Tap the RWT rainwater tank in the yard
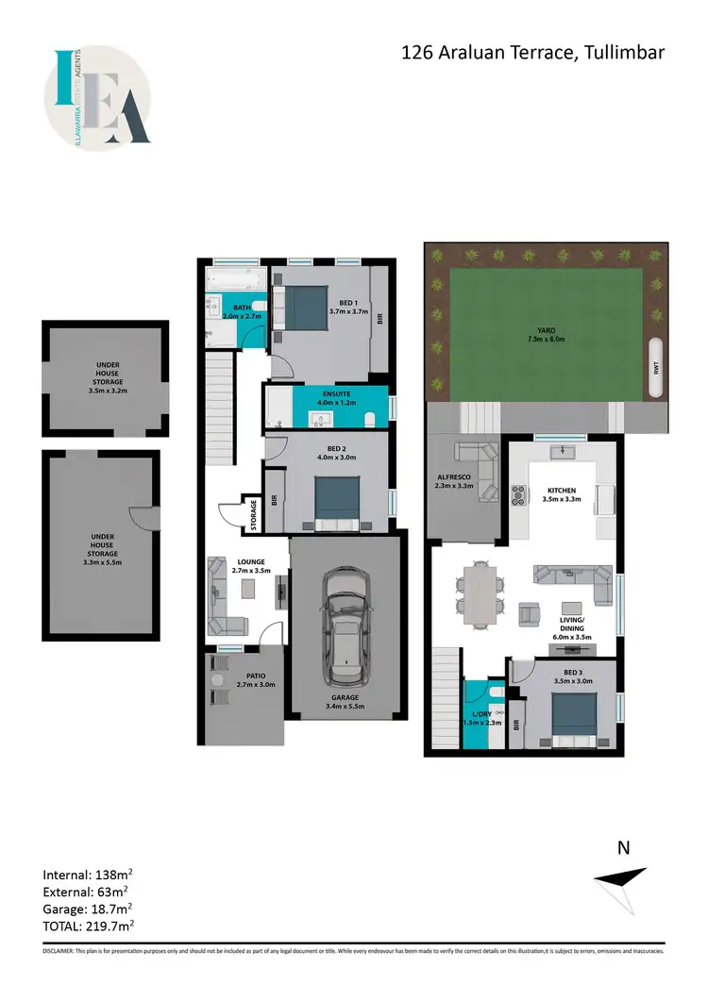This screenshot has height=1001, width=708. point(654,368)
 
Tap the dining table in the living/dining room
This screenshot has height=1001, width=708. point(482,595)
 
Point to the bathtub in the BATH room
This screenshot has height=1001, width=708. point(235,279)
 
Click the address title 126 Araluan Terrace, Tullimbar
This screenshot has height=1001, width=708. point(533,53)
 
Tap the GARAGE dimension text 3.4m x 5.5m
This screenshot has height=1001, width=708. point(345,706)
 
